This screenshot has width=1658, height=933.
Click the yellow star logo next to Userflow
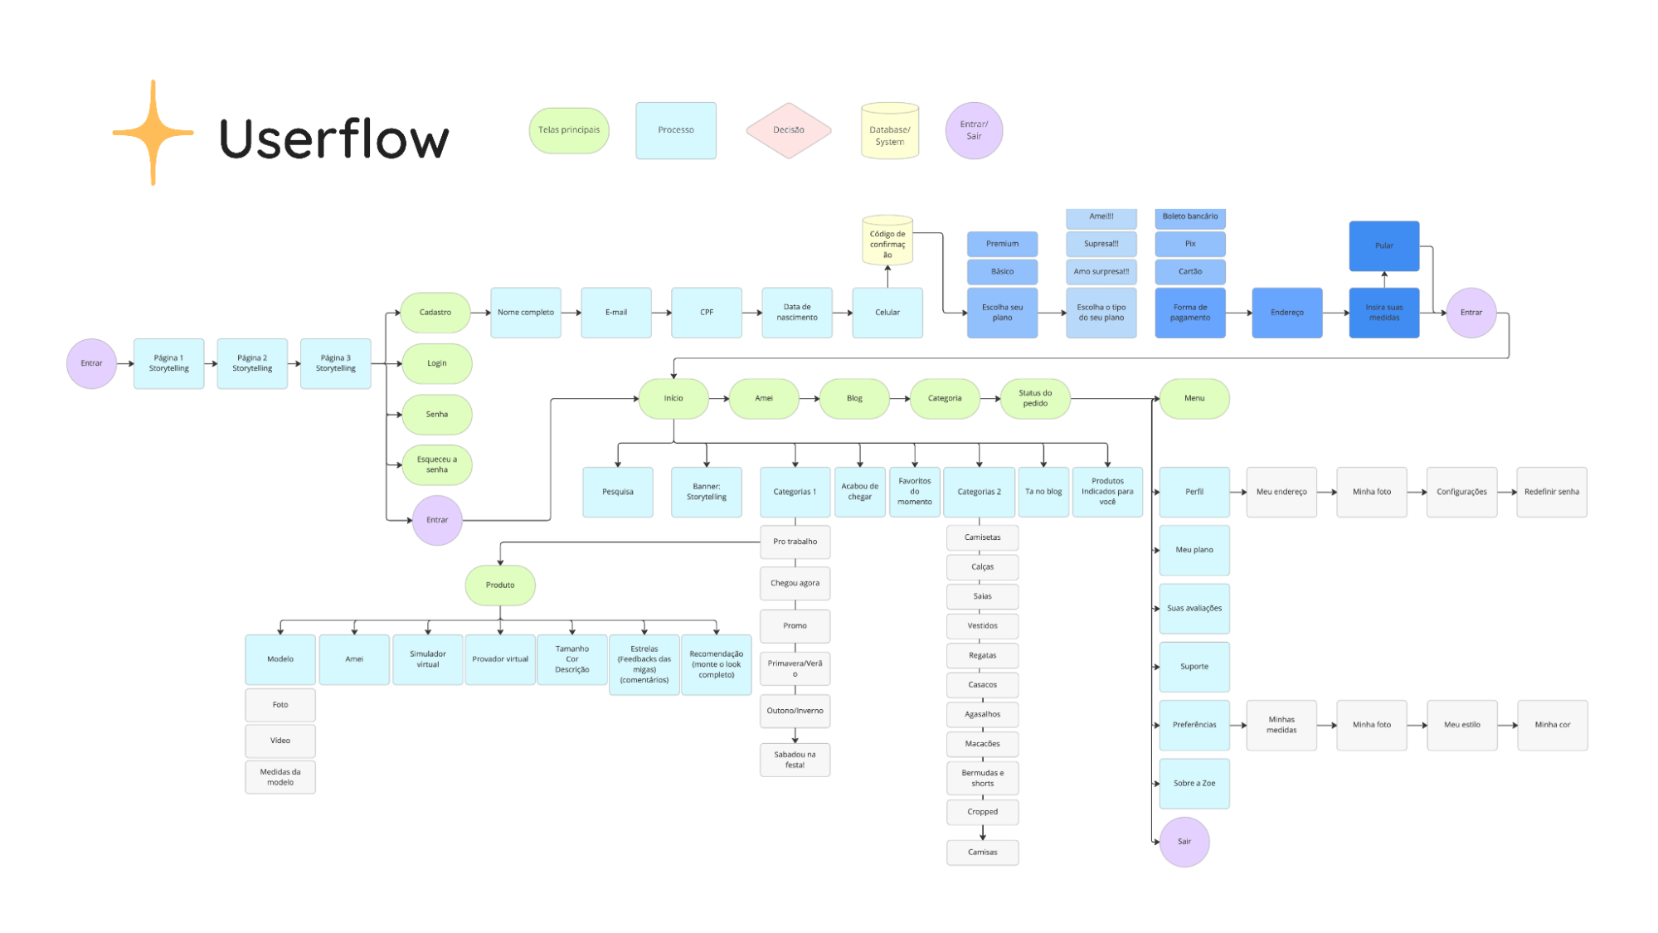153,133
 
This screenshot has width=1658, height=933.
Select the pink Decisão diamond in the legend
788,130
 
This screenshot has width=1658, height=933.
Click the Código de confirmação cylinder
887,241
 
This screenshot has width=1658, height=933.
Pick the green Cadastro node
435,313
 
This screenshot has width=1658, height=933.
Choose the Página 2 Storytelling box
252,363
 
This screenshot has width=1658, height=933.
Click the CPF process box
707,313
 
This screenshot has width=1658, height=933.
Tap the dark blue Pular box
1383,245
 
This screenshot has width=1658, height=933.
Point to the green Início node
673,399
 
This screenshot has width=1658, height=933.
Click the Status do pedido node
1034,399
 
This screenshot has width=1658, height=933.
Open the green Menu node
1194,399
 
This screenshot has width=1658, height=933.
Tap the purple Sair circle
1184,842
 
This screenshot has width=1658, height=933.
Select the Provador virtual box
500,659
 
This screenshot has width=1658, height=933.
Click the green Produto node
500,586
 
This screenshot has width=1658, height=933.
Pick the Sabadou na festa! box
795,760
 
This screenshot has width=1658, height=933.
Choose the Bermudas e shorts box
982,778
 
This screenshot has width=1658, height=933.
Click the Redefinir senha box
1551,492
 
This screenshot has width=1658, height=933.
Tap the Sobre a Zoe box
1194,784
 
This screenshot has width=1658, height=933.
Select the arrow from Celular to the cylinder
887,277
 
